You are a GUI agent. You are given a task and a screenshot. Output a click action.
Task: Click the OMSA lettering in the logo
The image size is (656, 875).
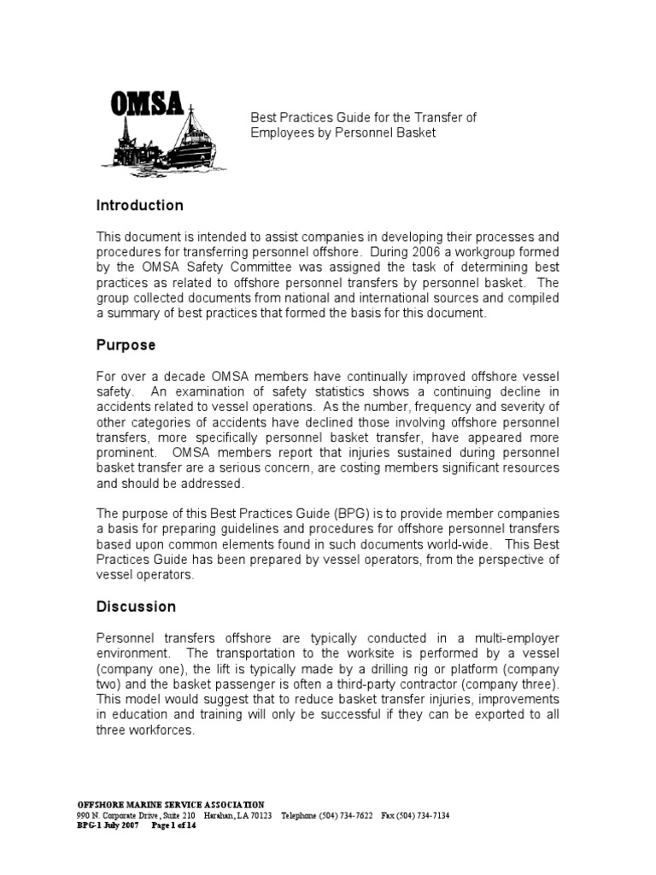[x=146, y=104]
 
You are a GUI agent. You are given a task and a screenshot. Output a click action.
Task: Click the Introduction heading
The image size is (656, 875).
[x=139, y=206]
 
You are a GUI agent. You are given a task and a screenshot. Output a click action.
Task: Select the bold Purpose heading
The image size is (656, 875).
[x=126, y=346]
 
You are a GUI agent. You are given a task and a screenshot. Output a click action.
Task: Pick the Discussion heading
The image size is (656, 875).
[x=136, y=607]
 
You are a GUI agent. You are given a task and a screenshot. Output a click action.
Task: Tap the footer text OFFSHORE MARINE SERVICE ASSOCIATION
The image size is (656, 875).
[x=171, y=804]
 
